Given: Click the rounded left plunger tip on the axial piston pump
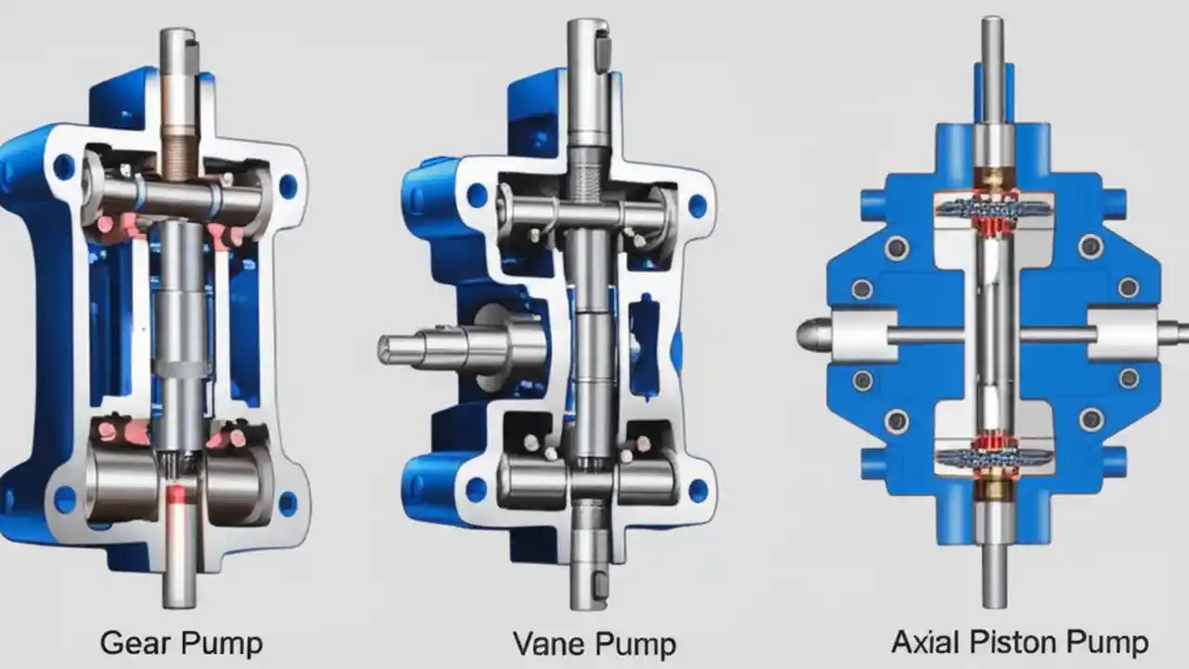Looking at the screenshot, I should [813, 334].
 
